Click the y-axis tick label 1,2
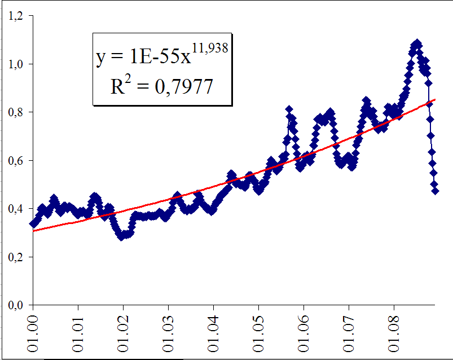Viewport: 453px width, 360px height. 17,16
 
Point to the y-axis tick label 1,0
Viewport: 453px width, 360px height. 17,64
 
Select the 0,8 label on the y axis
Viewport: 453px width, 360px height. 17,113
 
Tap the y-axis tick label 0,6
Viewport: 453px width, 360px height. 17,161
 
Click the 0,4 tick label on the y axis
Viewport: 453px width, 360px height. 17,209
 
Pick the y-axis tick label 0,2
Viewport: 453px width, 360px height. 17,257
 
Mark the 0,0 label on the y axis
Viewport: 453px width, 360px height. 17,305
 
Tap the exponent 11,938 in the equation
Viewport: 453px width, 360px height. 209,50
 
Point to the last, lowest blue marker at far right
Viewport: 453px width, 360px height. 435,191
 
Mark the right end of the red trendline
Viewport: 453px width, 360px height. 435,100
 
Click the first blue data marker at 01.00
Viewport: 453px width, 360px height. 33,224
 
